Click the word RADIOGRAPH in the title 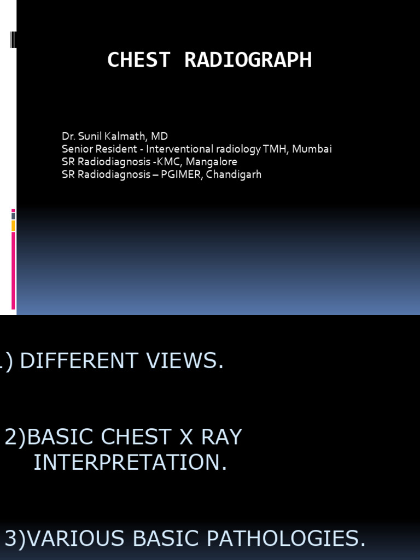coord(248,60)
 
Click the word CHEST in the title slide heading coord(139,60)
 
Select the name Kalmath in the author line coord(120,136)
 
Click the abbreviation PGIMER coord(180,175)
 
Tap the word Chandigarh coord(234,175)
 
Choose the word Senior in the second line coord(77,149)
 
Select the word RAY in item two coord(218,437)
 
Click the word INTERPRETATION coord(130,463)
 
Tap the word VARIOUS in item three coord(74,539)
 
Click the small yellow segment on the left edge coord(13,226)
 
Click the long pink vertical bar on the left coord(13,270)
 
